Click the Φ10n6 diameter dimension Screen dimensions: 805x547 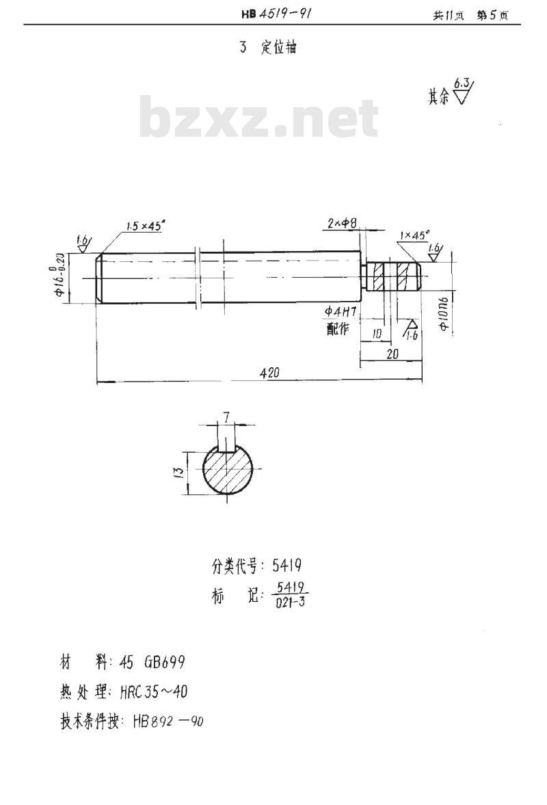click(x=444, y=315)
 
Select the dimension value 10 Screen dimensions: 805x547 click(x=376, y=333)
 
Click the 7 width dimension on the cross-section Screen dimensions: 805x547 click(x=226, y=416)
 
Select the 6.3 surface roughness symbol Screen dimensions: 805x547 click(x=463, y=92)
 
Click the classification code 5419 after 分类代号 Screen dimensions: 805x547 click(x=287, y=566)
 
